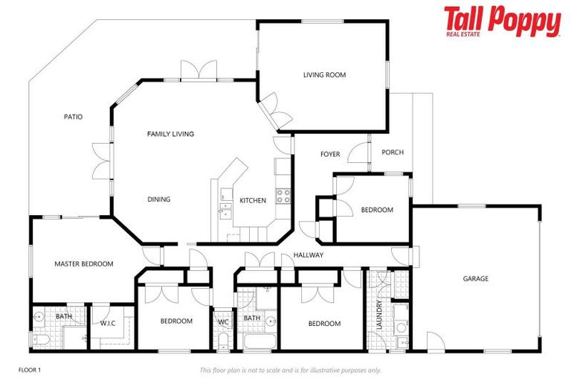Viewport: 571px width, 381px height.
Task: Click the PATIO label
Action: (73, 117)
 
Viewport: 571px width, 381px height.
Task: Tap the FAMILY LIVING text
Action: (170, 134)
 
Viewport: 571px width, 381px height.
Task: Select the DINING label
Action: (158, 199)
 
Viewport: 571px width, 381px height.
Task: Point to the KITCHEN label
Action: (253, 200)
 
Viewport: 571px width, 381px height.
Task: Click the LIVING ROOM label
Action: (324, 74)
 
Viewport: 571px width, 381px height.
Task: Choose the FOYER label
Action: (330, 155)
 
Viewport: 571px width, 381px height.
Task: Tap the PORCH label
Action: (392, 153)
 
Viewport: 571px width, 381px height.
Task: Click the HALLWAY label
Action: (308, 255)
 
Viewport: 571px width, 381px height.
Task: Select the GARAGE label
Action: (476, 279)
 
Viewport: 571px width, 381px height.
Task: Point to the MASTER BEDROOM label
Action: (83, 264)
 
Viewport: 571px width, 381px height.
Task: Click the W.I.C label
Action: (110, 323)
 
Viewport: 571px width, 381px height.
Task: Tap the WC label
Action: (223, 322)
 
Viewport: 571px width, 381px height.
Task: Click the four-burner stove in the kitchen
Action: (283, 196)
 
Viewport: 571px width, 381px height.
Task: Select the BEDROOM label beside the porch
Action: (377, 210)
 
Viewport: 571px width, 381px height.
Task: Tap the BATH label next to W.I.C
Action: (63, 317)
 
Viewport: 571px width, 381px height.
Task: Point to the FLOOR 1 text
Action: (30, 369)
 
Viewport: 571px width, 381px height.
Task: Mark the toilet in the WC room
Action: (223, 342)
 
